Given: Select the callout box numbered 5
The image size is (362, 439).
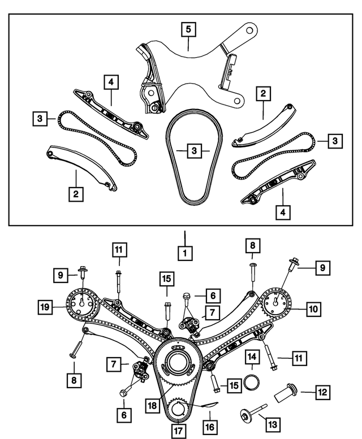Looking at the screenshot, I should (x=189, y=28).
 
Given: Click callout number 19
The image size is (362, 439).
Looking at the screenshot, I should (x=45, y=307).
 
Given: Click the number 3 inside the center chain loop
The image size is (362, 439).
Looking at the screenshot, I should (x=193, y=151).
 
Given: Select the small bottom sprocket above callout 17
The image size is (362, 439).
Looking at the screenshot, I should (x=179, y=408).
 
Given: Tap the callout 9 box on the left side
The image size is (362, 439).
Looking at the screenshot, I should (x=61, y=275).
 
